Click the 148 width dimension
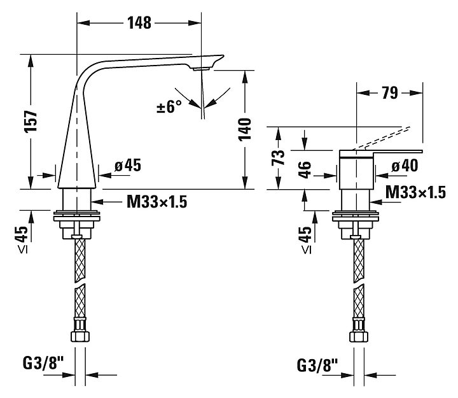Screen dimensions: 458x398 [x=139, y=23]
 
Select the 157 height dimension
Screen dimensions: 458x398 [x=31, y=122]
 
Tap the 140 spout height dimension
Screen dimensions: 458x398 [x=245, y=129]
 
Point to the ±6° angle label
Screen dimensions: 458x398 [x=169, y=106]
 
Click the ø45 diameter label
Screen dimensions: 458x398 [x=128, y=165]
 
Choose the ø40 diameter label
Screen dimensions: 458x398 [x=405, y=166]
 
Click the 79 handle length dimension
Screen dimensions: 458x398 [x=390, y=93]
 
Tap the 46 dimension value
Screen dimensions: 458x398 [x=305, y=169]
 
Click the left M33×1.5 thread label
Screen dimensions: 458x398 [x=157, y=201]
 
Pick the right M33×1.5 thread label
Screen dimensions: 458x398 [x=415, y=192]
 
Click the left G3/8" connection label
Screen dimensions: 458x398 [x=43, y=364]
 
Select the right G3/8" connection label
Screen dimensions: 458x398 [x=317, y=365]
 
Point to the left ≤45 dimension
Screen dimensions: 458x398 [x=22, y=239]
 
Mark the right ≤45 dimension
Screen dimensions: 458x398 [x=305, y=240]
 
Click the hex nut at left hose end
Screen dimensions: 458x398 [x=80, y=336]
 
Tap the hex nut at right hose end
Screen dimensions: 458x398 [x=359, y=337]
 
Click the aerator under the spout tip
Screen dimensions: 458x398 [x=200, y=69]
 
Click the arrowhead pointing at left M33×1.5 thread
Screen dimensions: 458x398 [x=97, y=201]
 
